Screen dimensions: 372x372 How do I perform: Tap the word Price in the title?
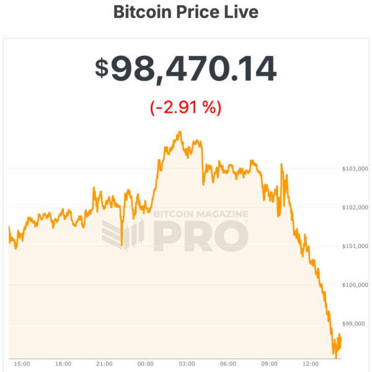(x=193, y=12)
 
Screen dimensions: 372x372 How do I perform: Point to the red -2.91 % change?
(x=185, y=107)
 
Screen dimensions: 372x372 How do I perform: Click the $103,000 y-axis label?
(x=355, y=169)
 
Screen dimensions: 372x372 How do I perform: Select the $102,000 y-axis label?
(x=355, y=208)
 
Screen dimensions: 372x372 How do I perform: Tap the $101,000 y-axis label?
(x=355, y=246)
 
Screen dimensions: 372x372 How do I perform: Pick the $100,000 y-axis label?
(x=355, y=285)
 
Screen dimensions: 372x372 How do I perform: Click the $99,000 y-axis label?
(x=355, y=324)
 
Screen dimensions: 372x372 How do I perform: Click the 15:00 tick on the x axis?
(x=22, y=364)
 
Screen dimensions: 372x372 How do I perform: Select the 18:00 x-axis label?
(x=63, y=364)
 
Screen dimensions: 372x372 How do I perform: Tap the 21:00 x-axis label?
(x=104, y=364)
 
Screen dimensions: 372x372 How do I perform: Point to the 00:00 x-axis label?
(x=146, y=364)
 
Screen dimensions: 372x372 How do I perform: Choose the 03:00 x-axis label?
(x=187, y=364)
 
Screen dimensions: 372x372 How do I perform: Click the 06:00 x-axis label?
(x=228, y=364)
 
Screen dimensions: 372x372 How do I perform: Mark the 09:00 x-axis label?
(x=269, y=364)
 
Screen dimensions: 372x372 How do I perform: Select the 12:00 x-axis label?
(x=311, y=364)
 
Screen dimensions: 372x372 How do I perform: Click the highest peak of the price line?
(x=179, y=132)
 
